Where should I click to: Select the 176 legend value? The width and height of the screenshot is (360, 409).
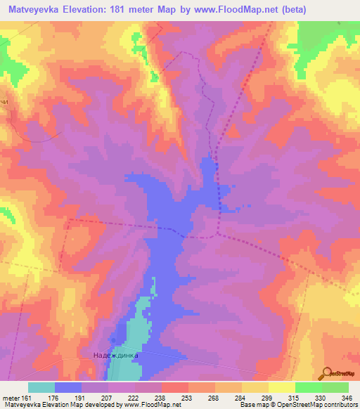pyautogui.click(x=53, y=397)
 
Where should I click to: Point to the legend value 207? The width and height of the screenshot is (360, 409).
pyautogui.click(x=107, y=397)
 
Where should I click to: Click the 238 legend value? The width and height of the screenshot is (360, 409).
pyautogui.click(x=160, y=397)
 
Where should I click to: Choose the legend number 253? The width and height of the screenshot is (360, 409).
pyautogui.click(x=187, y=397)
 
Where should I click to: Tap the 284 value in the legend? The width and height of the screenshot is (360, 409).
pyautogui.click(x=240, y=397)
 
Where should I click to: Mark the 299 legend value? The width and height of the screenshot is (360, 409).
pyautogui.click(x=267, y=397)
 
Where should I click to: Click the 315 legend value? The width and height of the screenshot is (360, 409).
pyautogui.click(x=294, y=397)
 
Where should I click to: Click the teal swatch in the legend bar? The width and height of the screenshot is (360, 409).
pyautogui.click(x=41, y=387)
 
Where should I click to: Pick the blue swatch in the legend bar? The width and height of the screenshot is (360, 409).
pyautogui.click(x=68, y=387)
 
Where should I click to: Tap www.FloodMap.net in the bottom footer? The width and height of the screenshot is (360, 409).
pyautogui.click(x=149, y=405)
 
